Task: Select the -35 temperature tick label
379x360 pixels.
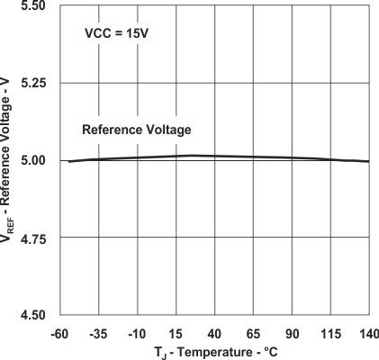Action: coord(101,332)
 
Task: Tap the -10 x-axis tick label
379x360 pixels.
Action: coord(139,332)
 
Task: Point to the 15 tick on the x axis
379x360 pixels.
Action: coord(176,332)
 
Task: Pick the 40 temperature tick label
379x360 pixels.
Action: coord(215,332)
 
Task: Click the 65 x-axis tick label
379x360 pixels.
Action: coord(253,332)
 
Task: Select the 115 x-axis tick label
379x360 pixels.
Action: coord(329,332)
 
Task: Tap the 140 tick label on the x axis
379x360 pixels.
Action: coord(366,332)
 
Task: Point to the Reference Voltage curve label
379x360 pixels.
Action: coord(137,130)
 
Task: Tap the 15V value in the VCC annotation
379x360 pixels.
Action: coord(134,36)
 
